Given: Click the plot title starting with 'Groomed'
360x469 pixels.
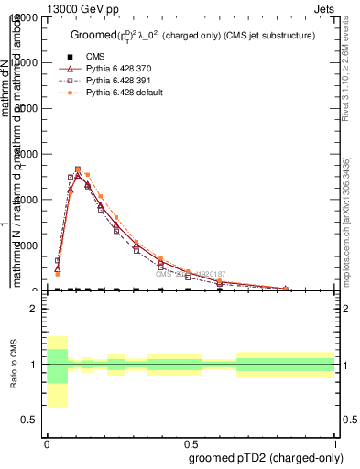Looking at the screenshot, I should pyautogui.click(x=193, y=36).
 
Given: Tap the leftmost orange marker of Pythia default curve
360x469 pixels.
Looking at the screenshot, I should pyautogui.click(x=57, y=274).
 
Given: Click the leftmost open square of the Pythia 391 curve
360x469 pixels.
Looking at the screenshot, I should pyautogui.click(x=57, y=260).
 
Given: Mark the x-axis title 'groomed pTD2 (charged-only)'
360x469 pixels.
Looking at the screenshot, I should pyautogui.click(x=262, y=457).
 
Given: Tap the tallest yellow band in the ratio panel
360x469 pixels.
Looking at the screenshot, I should pyautogui.click(x=57, y=371).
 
